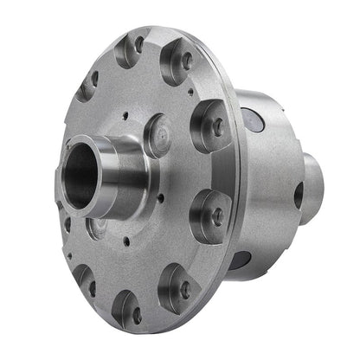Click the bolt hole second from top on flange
click(185, 61)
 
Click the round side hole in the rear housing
click(298, 196)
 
